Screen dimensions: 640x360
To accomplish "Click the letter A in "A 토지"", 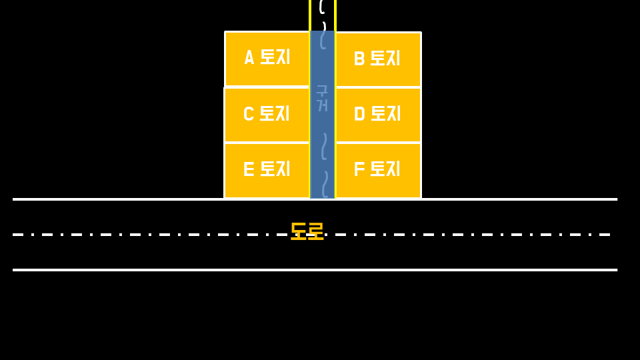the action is tap(249, 58).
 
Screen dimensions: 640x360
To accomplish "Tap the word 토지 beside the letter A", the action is tap(275, 57).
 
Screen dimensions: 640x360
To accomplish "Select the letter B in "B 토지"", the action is tap(359, 59).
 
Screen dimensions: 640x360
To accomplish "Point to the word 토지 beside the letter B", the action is tap(385, 59).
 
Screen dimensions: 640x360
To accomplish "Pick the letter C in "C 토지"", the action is tap(249, 114).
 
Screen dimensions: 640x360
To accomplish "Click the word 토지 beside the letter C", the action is tap(274, 113).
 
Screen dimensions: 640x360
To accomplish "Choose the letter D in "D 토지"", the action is tap(359, 114).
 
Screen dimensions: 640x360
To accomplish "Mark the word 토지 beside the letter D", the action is tap(385, 113).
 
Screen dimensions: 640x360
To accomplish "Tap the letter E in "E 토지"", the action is tap(249, 169).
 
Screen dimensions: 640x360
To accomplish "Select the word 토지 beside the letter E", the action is tap(274, 169).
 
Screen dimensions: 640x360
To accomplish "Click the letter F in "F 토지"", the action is tap(359, 169).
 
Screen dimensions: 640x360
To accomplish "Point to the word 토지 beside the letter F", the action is tap(385, 169).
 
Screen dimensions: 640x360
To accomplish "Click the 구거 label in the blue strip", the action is tap(322, 98).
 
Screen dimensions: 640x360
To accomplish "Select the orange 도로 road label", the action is tap(307, 231).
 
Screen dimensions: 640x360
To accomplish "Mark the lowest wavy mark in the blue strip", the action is tap(325, 183).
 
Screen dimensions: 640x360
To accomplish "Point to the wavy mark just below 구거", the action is tap(324, 146).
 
